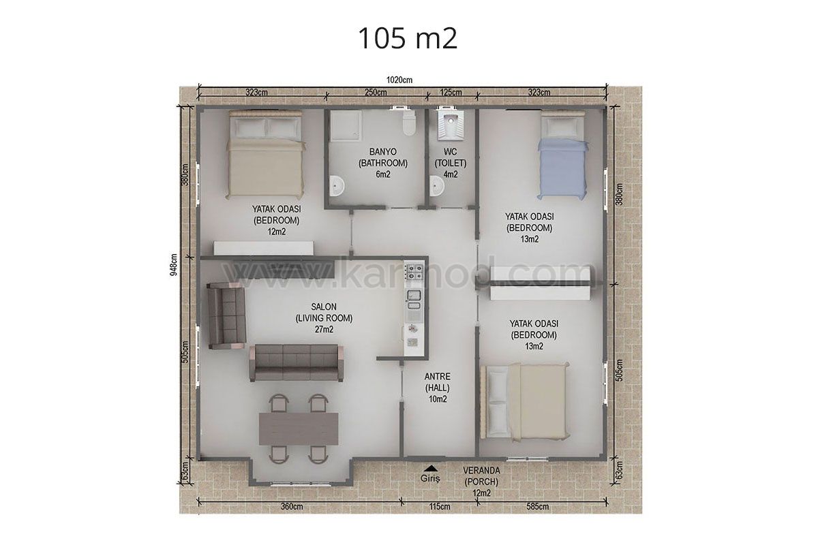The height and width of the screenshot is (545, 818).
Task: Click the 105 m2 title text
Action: tap(408, 38)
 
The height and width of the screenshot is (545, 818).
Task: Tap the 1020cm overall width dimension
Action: tap(399, 80)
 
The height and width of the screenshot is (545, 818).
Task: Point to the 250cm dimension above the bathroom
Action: tap(376, 93)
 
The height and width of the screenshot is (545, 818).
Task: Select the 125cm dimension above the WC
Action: tap(451, 93)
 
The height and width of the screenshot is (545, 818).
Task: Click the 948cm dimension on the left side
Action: tap(174, 264)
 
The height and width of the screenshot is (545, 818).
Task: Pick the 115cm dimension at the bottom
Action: tap(440, 507)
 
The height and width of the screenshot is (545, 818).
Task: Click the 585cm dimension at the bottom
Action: tap(538, 507)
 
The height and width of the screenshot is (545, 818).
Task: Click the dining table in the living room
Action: tap(299, 429)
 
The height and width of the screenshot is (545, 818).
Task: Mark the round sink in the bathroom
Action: tap(336, 186)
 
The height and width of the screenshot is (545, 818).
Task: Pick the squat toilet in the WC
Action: tap(451, 126)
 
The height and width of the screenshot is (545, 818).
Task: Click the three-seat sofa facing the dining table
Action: tap(296, 363)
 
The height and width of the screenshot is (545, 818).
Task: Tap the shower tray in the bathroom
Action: tap(346, 125)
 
